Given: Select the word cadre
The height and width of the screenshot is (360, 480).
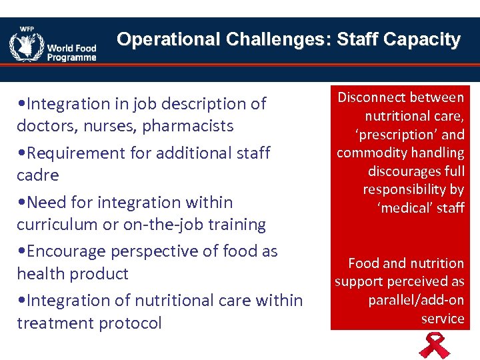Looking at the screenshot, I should (x=38, y=175).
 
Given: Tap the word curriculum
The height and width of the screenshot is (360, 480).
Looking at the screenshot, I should (x=58, y=225).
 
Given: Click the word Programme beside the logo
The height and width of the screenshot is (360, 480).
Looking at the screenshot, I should (x=72, y=57).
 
